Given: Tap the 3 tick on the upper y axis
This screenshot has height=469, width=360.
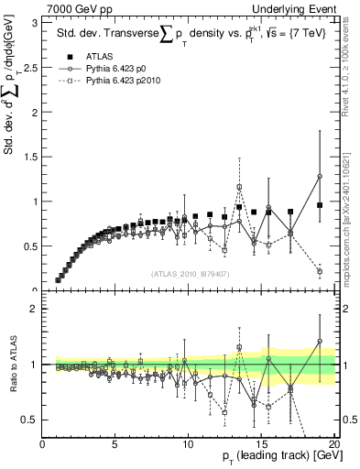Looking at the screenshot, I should (35, 22).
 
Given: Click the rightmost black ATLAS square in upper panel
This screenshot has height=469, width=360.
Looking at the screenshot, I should (320, 205).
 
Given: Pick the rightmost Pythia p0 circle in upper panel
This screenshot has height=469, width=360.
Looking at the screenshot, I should (320, 177).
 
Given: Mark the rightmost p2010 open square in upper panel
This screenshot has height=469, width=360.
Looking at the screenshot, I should (320, 271).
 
